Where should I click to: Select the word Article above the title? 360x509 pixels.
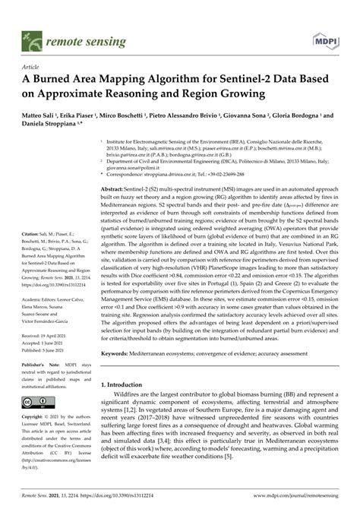click(x=35, y=66)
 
